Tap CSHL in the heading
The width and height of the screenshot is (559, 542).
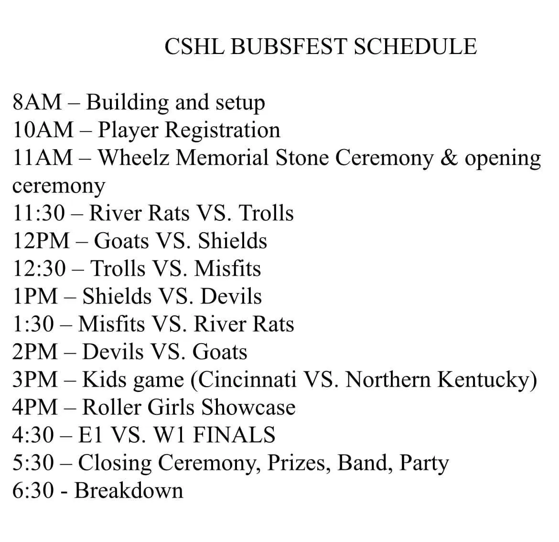[194, 46]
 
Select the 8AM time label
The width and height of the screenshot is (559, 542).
[37, 102]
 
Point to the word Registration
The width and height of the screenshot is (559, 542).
[223, 130]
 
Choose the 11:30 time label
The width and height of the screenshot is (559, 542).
[39, 213]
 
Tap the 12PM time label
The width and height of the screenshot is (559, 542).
[41, 241]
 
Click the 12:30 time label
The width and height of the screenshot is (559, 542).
[39, 269]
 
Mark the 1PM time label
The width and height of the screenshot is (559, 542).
[35, 296]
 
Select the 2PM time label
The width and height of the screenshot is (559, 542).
[35, 352]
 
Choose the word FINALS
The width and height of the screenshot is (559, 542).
[234, 435]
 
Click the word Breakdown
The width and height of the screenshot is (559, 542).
[129, 491]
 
